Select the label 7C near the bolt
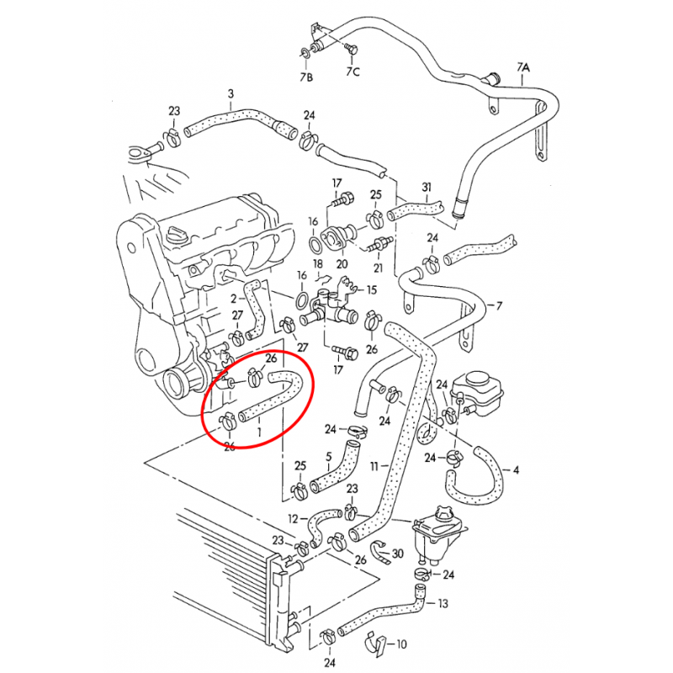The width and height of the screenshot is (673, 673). [x=352, y=72]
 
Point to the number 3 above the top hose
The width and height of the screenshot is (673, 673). [x=231, y=93]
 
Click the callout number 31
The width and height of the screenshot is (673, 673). [x=426, y=187]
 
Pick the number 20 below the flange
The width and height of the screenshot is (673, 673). [x=342, y=263]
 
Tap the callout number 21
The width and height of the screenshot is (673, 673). [x=378, y=268]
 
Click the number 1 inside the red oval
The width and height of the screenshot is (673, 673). [x=258, y=432]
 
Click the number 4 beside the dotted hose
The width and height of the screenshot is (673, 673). [x=516, y=470]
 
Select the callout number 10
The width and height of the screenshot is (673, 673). [x=400, y=645]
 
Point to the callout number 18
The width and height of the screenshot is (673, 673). [x=318, y=265]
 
